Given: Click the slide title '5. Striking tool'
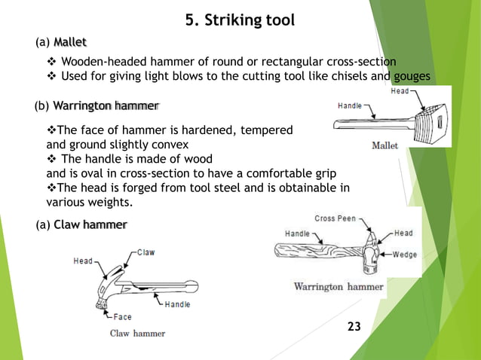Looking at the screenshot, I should pos(240,20).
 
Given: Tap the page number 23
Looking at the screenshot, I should pos(354,326).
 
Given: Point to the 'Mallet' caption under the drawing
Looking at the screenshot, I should pos(385,146).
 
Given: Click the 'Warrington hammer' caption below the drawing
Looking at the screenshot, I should pos(338,287).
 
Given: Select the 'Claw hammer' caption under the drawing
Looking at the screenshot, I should pos(138,332).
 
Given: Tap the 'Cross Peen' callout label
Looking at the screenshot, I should pos(336,218).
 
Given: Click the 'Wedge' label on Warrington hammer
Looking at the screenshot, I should pos(406,255).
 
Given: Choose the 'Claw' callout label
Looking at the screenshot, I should pos(145,252).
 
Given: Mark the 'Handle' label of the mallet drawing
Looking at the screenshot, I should pos(349,105).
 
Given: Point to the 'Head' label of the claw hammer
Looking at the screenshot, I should pos(83,261).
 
